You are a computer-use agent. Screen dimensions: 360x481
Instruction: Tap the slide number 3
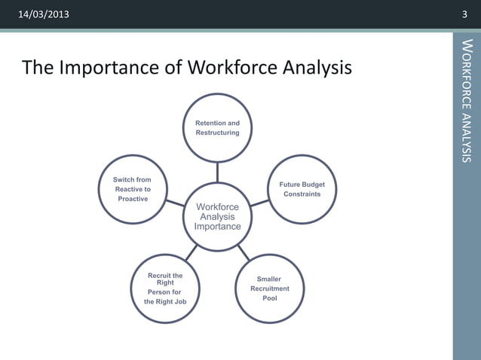pos(464,15)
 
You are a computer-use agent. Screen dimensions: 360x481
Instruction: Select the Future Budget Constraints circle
pos(302,189)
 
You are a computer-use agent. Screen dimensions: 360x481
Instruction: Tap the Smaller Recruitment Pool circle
pos(269,289)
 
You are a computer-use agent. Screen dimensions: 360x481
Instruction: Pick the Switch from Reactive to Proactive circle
pos(133,190)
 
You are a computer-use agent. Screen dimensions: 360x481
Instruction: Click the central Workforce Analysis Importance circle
pos(217,217)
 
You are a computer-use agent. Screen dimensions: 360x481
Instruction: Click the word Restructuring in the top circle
pos(217,133)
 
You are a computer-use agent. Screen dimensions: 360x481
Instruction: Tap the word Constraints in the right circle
pos(302,194)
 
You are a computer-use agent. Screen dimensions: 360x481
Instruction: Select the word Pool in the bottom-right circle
pos(269,298)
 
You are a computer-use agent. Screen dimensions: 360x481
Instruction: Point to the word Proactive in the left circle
pos(133,199)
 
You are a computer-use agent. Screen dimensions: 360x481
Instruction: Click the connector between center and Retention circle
pos(217,172)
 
